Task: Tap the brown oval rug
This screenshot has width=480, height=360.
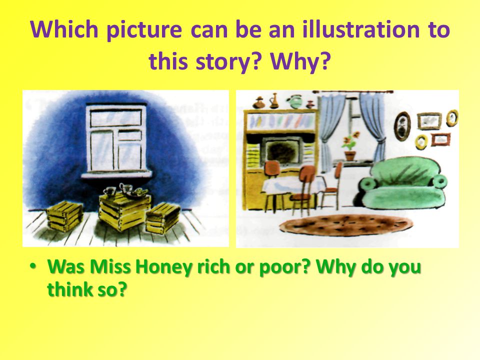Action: [346, 225]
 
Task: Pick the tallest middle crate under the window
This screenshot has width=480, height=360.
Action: [124, 212]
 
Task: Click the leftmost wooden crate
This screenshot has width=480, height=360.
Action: [64, 215]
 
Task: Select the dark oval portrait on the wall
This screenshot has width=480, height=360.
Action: [402, 126]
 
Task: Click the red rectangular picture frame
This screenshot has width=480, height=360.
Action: [441, 139]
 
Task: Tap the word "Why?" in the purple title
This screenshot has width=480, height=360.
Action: [300, 61]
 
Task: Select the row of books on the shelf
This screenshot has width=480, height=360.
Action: [281, 121]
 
